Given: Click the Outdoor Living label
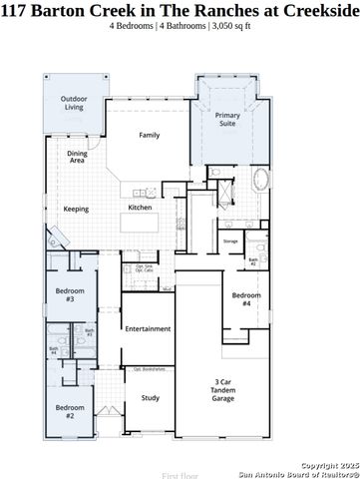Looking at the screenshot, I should tap(74, 103).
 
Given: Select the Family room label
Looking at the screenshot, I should tap(150, 135).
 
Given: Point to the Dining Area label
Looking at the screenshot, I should tap(77, 156).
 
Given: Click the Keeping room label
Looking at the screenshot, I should tap(76, 210).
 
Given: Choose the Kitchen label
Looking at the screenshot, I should tap(140, 208).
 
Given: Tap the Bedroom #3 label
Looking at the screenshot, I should tap(69, 294).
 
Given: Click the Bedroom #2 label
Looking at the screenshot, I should tap(69, 410).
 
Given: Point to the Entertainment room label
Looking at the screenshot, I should tap(148, 328).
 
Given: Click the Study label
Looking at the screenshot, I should tap(150, 398).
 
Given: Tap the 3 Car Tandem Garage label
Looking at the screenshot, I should tap(224, 390).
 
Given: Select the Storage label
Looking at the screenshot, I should tap(230, 241).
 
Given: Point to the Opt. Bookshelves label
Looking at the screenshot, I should tap(149, 369).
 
